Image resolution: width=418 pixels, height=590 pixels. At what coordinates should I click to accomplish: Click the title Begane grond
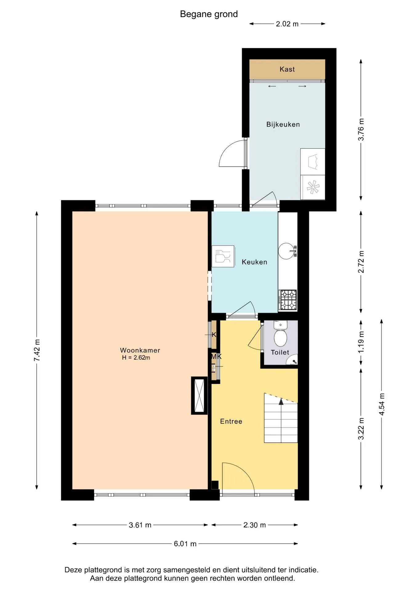click(209, 14)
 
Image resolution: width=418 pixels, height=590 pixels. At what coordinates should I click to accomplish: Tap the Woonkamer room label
click(140, 350)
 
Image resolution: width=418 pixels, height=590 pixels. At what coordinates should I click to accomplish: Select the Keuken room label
click(254, 262)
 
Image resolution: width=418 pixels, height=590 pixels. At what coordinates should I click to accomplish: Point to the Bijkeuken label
click(283, 124)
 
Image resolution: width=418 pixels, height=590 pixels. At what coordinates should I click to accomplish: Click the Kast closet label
click(287, 69)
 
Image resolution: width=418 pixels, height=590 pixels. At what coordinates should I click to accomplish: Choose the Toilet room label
click(280, 352)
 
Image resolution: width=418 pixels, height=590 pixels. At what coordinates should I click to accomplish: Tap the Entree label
click(231, 421)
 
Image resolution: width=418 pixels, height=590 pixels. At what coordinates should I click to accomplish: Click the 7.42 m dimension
click(37, 350)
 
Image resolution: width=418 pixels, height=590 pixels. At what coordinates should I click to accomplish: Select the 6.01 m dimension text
click(185, 544)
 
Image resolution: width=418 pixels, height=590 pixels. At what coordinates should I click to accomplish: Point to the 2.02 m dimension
click(287, 24)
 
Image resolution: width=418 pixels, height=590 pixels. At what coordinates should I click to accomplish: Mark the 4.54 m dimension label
click(382, 404)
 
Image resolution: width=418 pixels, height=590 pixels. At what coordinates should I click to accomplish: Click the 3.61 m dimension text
click(140, 525)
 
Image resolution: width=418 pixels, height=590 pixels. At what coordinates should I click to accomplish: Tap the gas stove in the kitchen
click(288, 300)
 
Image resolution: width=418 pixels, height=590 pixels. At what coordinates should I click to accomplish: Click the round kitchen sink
click(287, 251)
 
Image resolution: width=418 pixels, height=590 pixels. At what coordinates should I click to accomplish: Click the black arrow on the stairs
click(281, 401)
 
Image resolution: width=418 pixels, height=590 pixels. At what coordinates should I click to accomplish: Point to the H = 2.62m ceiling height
click(136, 358)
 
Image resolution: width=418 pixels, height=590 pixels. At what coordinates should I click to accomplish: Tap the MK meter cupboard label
click(216, 356)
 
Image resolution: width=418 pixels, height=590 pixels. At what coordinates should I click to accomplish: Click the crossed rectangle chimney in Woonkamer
click(199, 396)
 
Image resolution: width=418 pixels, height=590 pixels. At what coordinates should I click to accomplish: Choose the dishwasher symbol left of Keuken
click(223, 256)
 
